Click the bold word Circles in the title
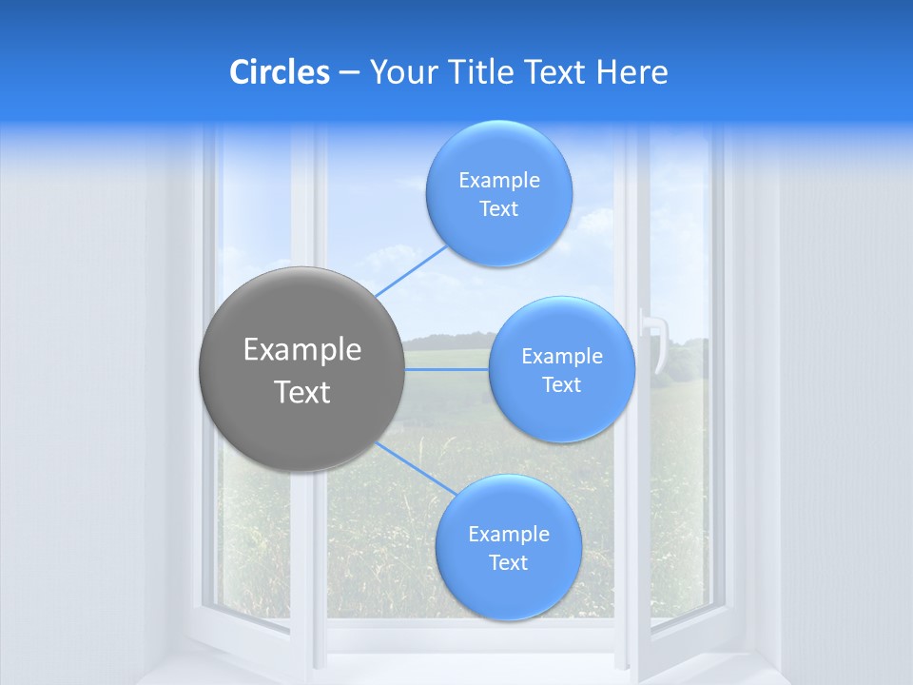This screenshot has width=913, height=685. click(280, 72)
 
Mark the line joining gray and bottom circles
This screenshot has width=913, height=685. click(417, 469)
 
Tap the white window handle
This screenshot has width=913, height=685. click(655, 339)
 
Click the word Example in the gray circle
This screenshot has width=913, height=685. click(302, 350)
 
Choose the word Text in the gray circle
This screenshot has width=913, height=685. click(302, 392)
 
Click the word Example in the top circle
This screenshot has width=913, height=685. click(498, 181)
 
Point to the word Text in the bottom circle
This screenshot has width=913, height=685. click(508, 563)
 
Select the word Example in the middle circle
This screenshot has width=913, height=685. click(561, 357)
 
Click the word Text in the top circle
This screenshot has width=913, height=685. click(498, 209)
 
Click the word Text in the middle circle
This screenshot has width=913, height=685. click(561, 385)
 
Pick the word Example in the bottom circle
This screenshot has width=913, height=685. click(508, 535)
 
